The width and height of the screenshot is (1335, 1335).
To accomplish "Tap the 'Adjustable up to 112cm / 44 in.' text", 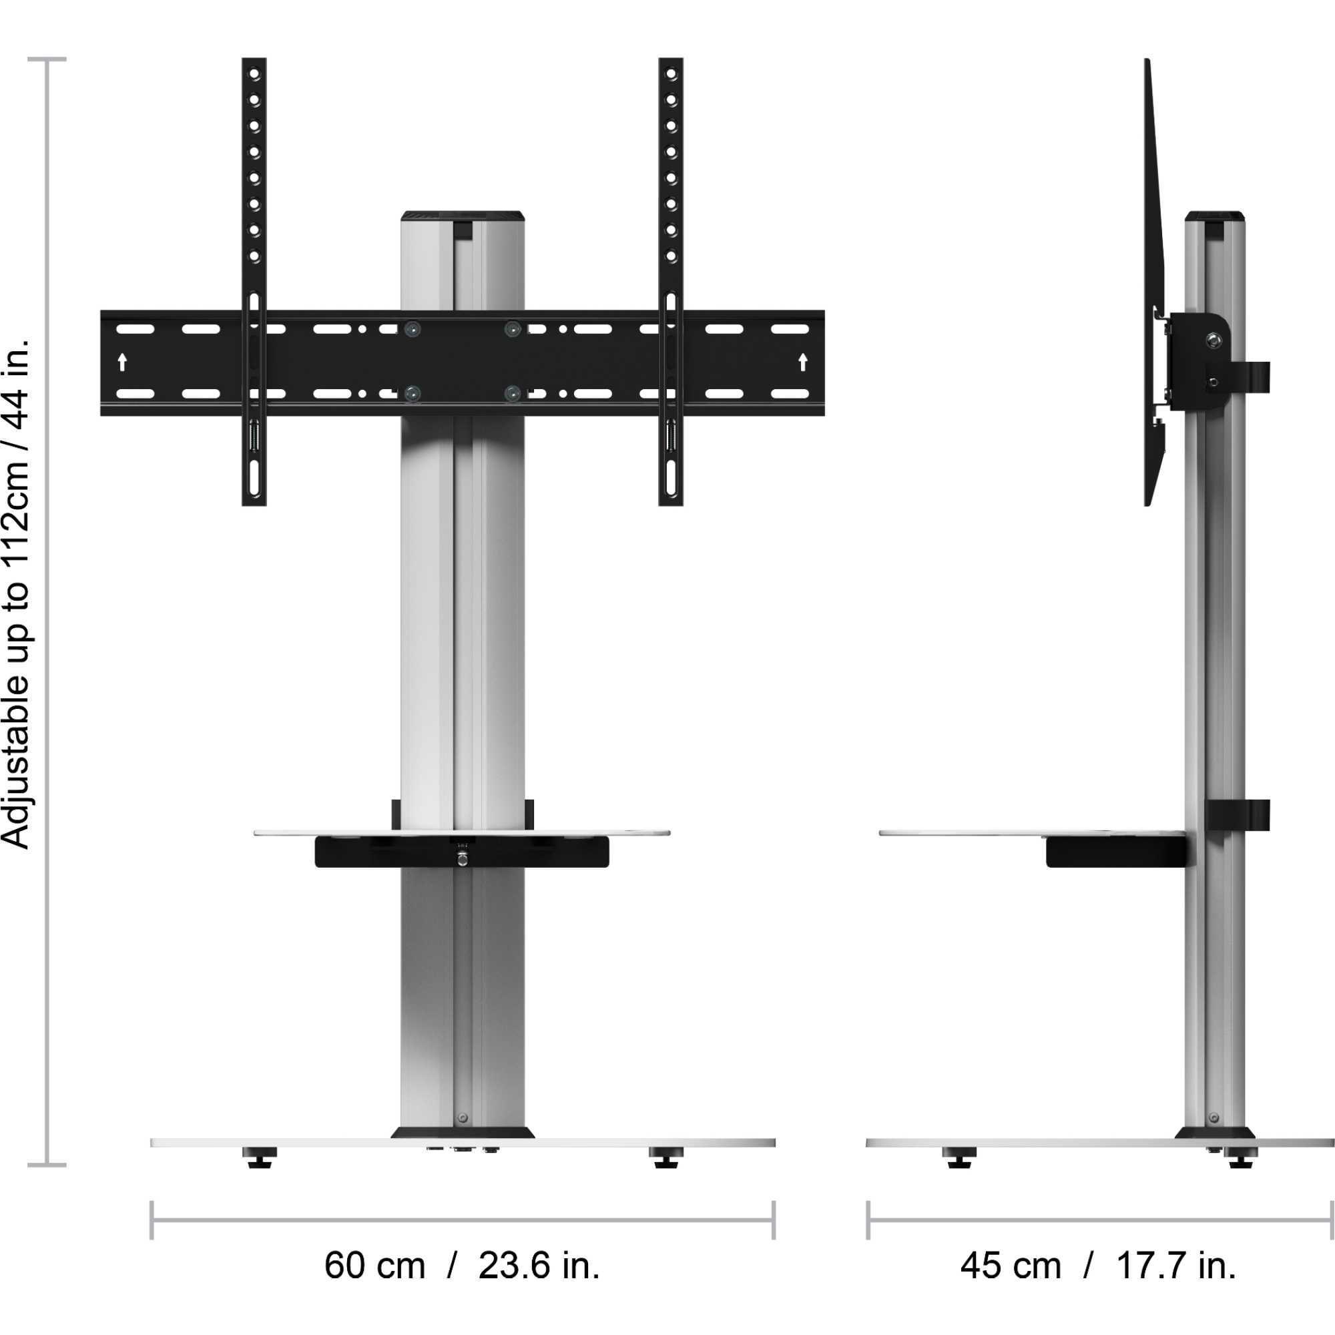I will pyautogui.click(x=17, y=593).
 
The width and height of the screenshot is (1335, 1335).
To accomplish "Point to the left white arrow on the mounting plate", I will pyautogui.click(x=122, y=362).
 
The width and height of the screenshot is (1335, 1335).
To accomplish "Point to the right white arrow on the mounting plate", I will pyautogui.click(x=802, y=362).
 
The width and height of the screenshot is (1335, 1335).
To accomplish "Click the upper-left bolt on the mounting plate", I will pyautogui.click(x=413, y=329).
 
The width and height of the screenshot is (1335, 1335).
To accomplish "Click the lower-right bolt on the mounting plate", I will pyautogui.click(x=512, y=394).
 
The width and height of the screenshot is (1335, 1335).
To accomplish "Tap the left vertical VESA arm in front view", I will pyautogui.click(x=254, y=208).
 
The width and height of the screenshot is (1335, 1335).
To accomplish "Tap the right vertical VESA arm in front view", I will pyautogui.click(x=670, y=208).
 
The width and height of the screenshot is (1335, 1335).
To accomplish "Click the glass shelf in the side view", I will pyautogui.click(x=967, y=832).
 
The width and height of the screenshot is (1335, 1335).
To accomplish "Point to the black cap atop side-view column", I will pyautogui.click(x=1216, y=216).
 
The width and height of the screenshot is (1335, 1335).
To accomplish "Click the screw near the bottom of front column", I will pyautogui.click(x=463, y=1117).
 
